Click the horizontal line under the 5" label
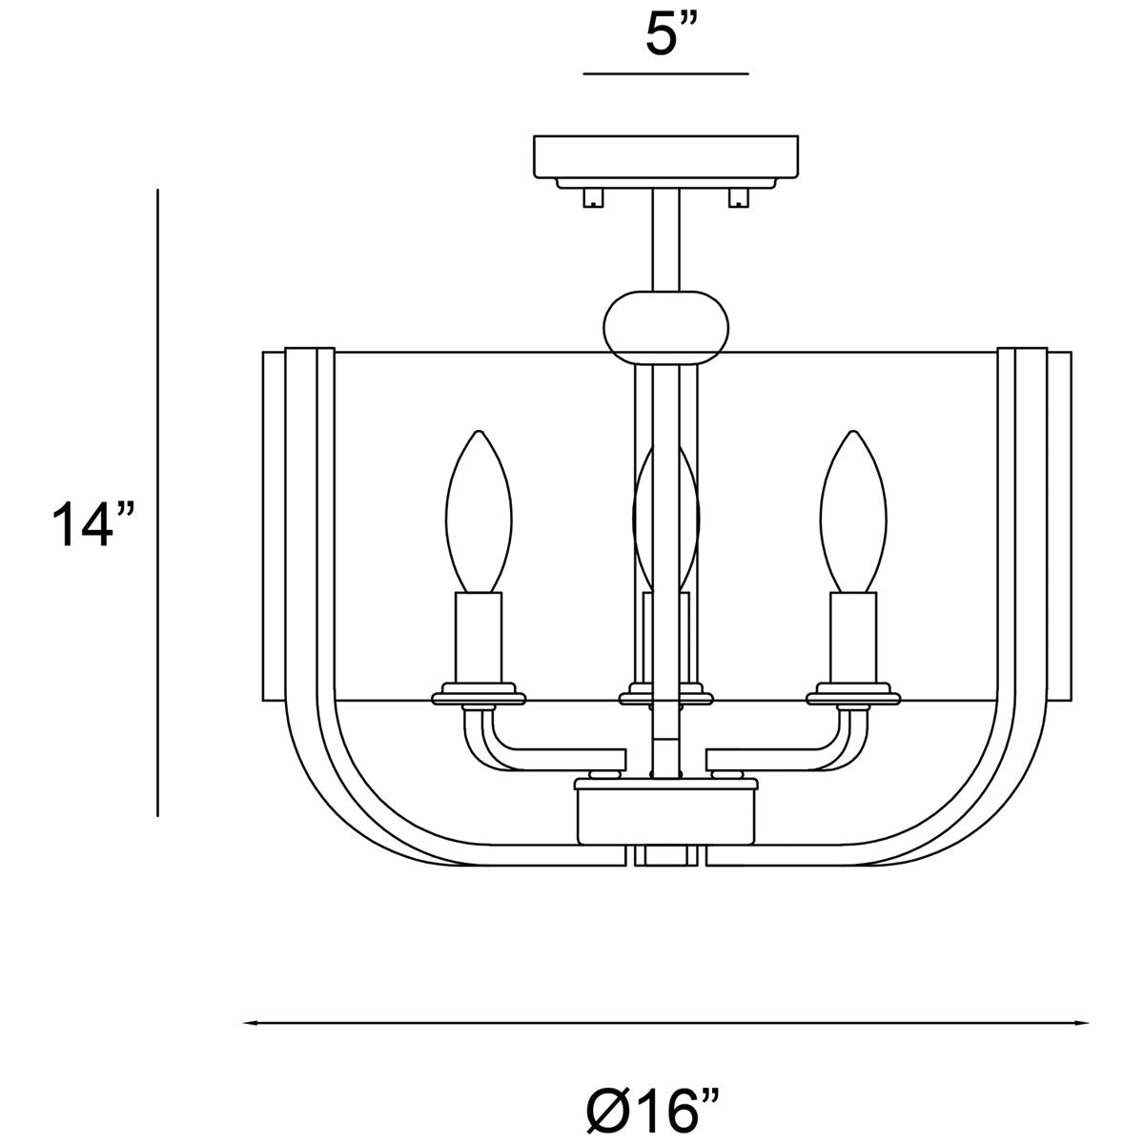pyautogui.click(x=665, y=72)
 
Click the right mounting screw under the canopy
pyautogui.click(x=738, y=196)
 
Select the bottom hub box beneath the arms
pyautogui.click(x=666, y=815)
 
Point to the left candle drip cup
pyautogui.click(x=480, y=694)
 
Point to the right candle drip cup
pyautogui.click(x=853, y=694)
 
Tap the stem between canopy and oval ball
pyautogui.click(x=665, y=238)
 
